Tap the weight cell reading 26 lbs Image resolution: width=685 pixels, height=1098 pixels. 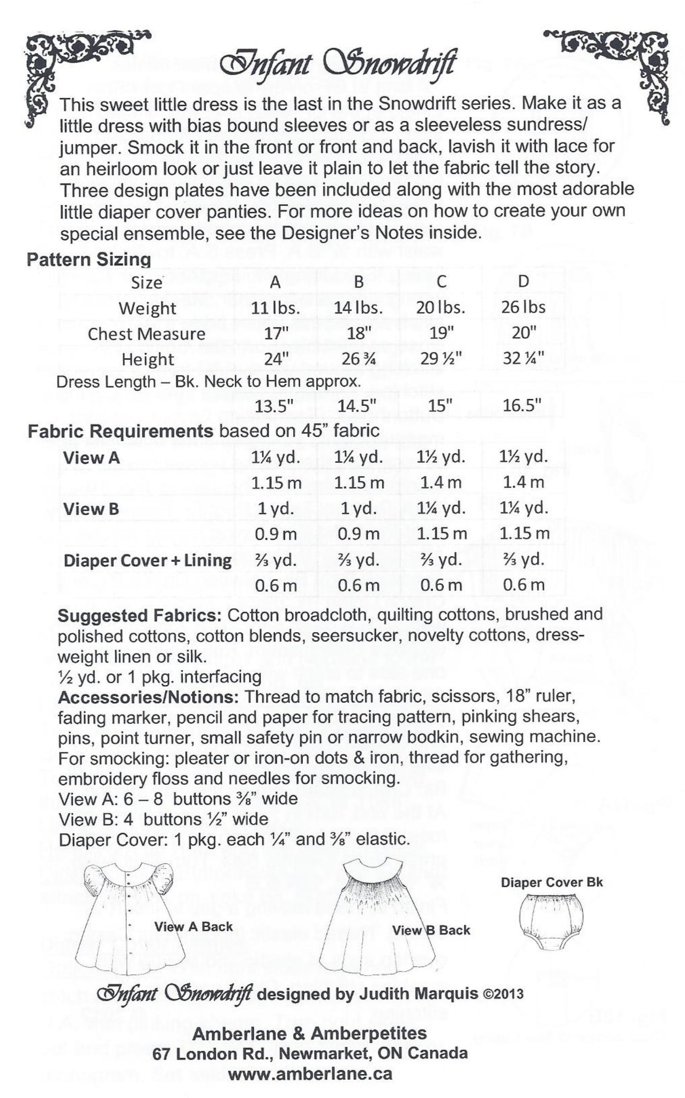(x=523, y=308)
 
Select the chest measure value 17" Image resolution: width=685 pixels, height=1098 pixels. (x=276, y=333)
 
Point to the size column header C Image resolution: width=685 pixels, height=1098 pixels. (x=441, y=282)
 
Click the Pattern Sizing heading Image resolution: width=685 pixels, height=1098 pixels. (x=88, y=259)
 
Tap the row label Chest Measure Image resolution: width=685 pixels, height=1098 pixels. (x=146, y=333)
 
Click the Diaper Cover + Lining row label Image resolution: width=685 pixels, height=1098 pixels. (x=147, y=560)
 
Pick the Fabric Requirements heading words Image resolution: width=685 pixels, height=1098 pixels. (x=121, y=431)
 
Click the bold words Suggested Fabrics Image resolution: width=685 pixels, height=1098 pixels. (x=140, y=614)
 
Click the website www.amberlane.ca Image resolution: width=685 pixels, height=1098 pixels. (x=310, y=1074)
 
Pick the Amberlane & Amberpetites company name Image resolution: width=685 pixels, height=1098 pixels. (x=310, y=1033)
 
